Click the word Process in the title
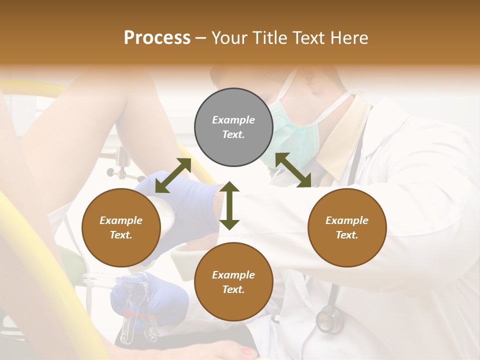tap(157, 38)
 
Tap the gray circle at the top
tap(233, 127)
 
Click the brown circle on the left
tap(121, 227)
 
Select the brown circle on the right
tap(347, 227)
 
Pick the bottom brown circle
tap(233, 282)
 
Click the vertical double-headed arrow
tap(229, 205)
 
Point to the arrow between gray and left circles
tap(173, 175)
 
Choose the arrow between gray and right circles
tap(293, 170)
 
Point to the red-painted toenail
tap(247, 351)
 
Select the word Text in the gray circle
tap(233, 134)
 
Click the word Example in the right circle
tap(347, 220)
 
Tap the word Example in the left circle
tap(121, 220)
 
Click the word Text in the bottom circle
tap(233, 289)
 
